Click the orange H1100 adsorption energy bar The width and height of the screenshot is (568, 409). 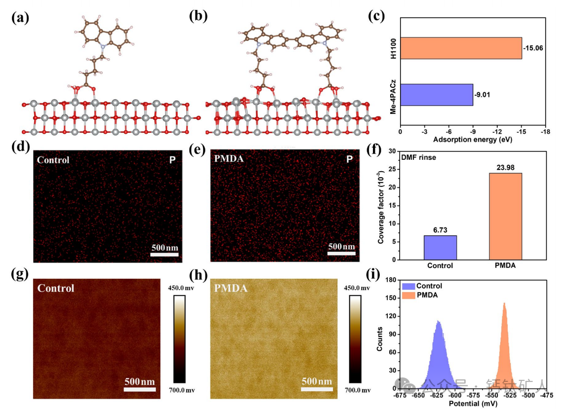click(x=460, y=48)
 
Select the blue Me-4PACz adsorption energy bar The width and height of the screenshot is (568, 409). click(x=436, y=94)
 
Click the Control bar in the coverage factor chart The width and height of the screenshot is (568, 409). click(x=440, y=247)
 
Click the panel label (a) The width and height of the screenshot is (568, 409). click(x=20, y=18)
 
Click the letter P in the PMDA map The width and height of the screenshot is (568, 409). click(x=349, y=160)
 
